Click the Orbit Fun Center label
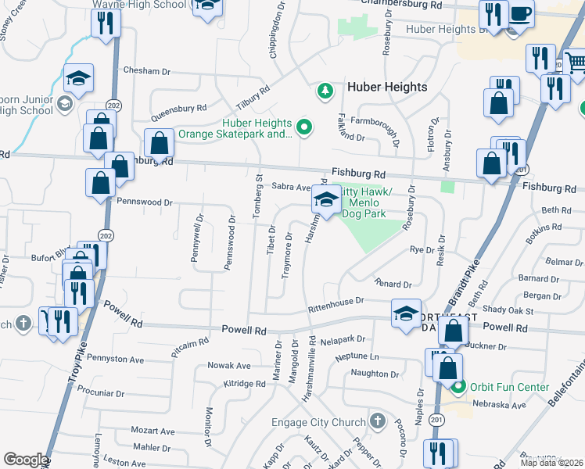499,385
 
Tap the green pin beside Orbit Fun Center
461,386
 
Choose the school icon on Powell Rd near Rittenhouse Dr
406,313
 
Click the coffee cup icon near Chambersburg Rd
520,13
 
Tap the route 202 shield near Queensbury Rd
114,106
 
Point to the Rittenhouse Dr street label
336,301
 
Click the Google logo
25,460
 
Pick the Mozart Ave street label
153,431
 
